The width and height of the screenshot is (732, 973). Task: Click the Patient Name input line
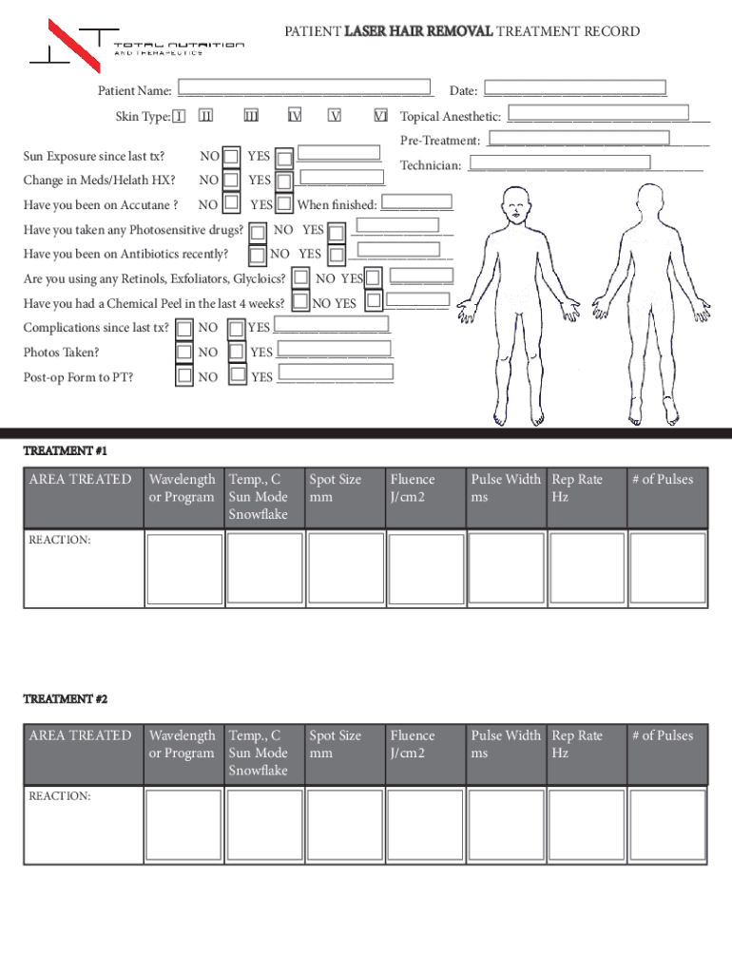click(304, 90)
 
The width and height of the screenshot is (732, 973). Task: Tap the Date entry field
click(574, 89)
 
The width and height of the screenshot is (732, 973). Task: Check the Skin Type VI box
click(380, 116)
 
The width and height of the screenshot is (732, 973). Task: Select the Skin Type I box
click(179, 116)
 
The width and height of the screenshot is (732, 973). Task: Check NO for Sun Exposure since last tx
click(231, 155)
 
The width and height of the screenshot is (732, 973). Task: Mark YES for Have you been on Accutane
click(283, 204)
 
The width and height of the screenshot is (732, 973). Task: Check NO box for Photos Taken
click(184, 352)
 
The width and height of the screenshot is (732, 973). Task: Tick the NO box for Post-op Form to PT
click(184, 376)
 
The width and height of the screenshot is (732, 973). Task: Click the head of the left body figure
click(517, 201)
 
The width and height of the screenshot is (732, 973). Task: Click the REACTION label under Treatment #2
click(59, 796)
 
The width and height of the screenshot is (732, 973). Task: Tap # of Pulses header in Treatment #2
click(663, 735)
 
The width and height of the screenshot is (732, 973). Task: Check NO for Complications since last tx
click(184, 327)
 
